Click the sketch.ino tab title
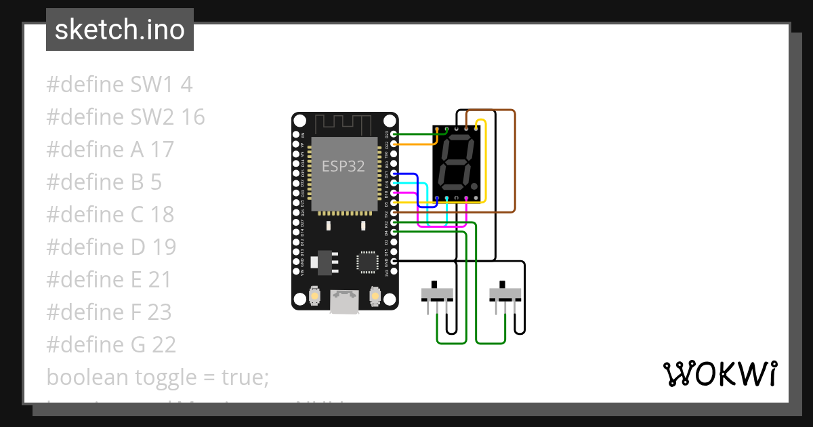tap(120, 30)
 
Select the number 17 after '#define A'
tap(163, 150)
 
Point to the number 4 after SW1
tap(186, 85)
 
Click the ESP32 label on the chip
tap(343, 166)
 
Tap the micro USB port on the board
tap(345, 301)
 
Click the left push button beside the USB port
tap(314, 296)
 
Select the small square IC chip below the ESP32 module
tap(368, 261)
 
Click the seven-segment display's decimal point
tap(475, 185)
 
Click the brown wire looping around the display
tap(515, 163)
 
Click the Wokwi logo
tap(720, 373)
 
